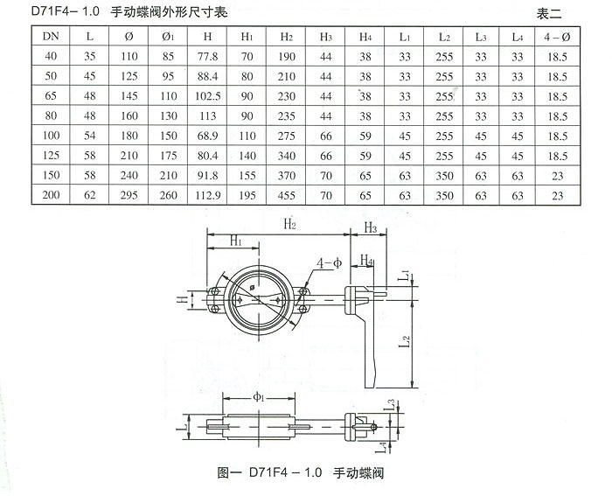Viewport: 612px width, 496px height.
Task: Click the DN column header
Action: [50, 38]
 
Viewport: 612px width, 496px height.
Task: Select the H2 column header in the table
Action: [286, 38]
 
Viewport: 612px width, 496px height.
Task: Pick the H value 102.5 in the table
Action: [207, 97]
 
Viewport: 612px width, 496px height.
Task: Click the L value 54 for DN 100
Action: [90, 136]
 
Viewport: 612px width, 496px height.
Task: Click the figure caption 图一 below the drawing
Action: [228, 472]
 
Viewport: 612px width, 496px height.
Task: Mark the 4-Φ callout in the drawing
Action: [329, 262]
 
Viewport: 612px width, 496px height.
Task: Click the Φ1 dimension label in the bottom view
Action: [260, 397]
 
